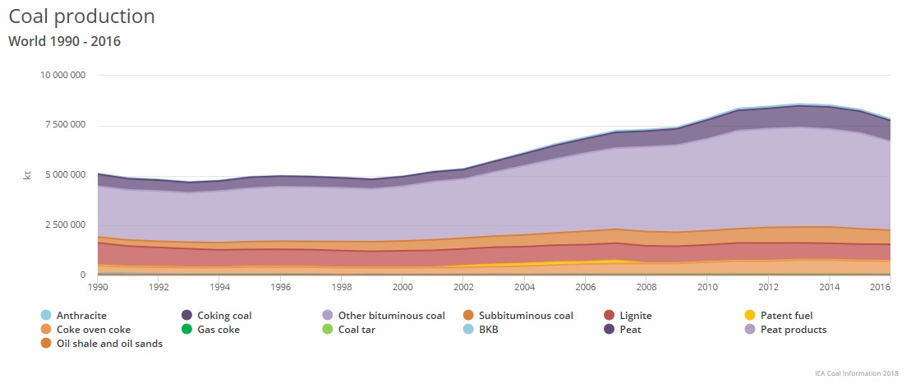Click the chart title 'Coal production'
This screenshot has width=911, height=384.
81,16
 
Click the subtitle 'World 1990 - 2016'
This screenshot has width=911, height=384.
64,40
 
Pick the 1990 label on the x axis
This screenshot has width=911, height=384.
97,287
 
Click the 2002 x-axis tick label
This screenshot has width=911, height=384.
462,287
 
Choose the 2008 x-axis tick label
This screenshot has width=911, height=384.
646,287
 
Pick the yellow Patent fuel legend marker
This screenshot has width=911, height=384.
750,316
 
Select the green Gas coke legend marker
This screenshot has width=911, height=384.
187,330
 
